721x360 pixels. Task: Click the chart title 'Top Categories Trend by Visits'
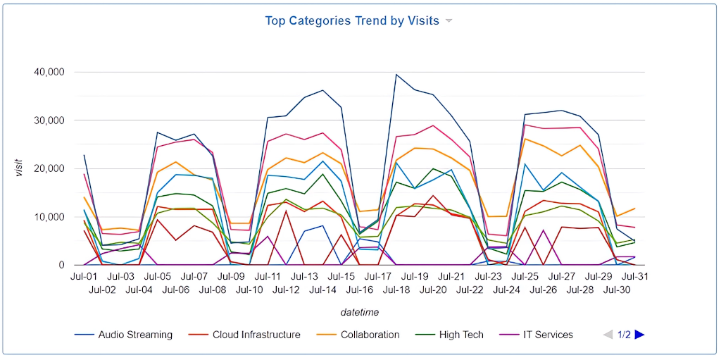point(351,20)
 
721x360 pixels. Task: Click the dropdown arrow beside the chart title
point(449,21)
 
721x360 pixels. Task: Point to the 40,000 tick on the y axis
point(49,72)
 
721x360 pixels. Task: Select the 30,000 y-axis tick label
point(49,120)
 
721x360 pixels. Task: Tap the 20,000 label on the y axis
point(49,168)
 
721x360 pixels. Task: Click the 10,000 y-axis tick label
point(49,217)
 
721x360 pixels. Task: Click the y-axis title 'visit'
point(20,168)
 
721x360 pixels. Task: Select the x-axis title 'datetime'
point(360,312)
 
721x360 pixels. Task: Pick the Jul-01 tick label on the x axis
point(84,277)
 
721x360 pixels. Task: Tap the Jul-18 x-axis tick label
point(396,290)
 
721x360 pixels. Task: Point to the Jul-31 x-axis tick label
point(635,277)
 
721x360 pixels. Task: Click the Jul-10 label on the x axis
point(249,290)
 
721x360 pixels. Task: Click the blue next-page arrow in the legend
point(639,335)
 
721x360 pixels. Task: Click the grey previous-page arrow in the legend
point(608,335)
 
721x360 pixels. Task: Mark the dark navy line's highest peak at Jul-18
point(396,75)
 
